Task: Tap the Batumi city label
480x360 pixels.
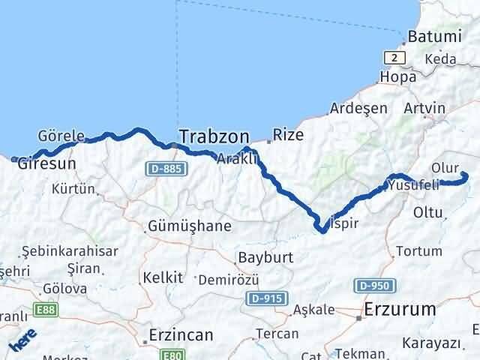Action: [x=433, y=37]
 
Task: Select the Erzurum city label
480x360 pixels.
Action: [x=400, y=308]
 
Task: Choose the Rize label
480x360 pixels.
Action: [x=288, y=135]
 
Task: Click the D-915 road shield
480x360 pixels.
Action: [x=264, y=298]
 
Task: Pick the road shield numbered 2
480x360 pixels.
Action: [x=394, y=57]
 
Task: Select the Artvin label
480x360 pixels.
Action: [x=424, y=108]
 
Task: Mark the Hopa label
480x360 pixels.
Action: [x=398, y=76]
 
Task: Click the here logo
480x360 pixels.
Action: [x=22, y=342]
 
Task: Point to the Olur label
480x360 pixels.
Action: [x=445, y=167]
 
